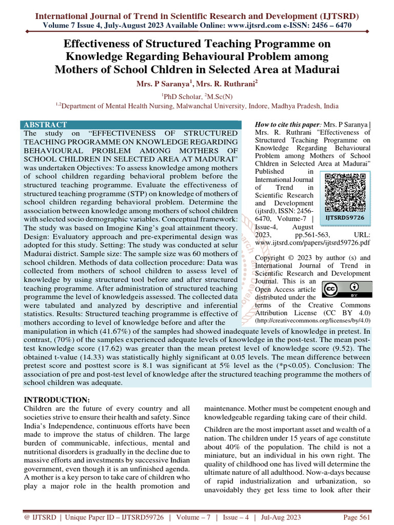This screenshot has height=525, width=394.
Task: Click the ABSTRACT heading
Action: coord(46,125)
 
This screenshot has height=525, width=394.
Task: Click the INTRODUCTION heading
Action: coord(57,399)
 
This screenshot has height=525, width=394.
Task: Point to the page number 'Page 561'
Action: coord(356,517)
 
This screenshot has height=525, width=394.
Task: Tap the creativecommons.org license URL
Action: coord(312,320)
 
